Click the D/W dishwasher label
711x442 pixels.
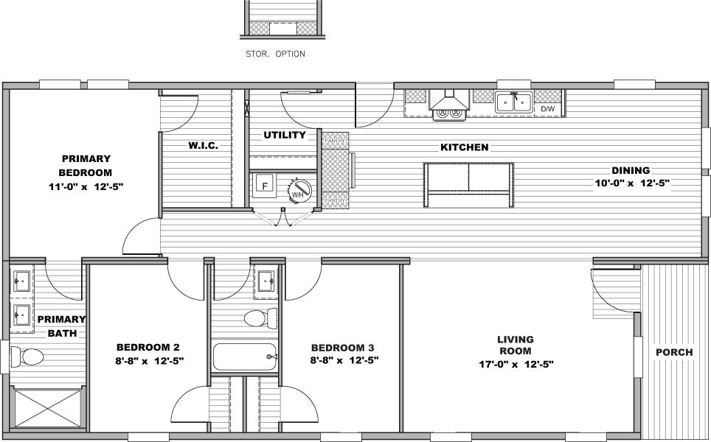coord(547,109)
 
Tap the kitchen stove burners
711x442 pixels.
coord(449,113)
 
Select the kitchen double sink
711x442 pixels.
coord(514,102)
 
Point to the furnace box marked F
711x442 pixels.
coord(264,186)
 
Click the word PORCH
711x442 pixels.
coord(674,352)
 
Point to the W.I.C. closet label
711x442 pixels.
coord(203,146)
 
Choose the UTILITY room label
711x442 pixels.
coord(285,136)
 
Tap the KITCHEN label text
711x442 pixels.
coord(464,147)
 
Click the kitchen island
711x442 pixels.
coord(468,185)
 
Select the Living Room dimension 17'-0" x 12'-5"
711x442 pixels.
coord(515,364)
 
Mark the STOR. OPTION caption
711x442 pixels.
coord(275,54)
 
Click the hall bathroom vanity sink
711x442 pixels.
coord(266,281)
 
